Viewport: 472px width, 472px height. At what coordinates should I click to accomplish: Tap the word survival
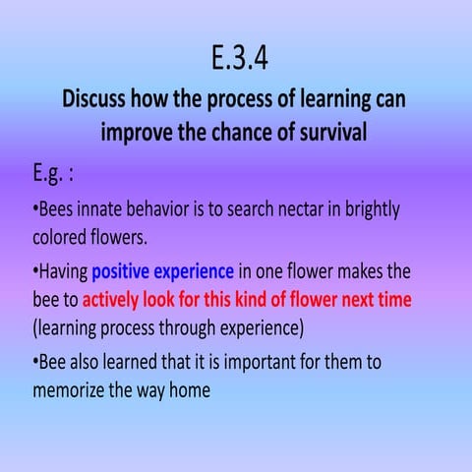(327, 131)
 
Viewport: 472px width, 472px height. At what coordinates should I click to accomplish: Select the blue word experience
(197, 272)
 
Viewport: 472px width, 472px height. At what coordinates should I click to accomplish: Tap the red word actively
(115, 299)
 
